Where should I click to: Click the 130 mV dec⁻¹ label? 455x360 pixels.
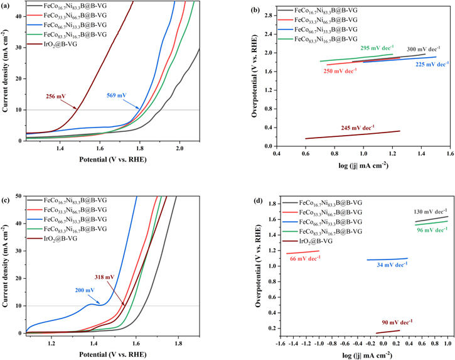[431, 211]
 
